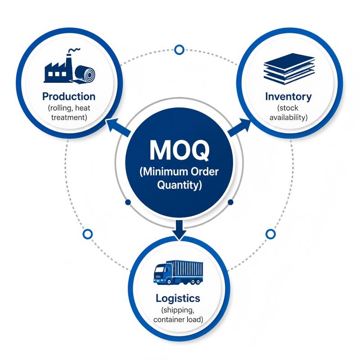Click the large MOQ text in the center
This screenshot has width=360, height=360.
click(179, 150)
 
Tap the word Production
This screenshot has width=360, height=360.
click(69, 96)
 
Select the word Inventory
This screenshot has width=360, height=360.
click(288, 97)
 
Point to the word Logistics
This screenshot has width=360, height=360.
click(178, 298)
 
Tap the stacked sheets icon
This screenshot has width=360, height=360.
click(289, 69)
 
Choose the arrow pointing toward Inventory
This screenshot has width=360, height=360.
click(239, 127)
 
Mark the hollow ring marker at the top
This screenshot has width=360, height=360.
click(179, 49)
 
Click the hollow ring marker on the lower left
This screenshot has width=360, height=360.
click(87, 234)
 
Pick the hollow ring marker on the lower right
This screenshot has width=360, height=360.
click(271, 234)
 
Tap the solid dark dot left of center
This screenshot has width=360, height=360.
click(128, 202)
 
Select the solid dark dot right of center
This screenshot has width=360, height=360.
click(231, 202)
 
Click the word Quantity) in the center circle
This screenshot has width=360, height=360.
click(179, 185)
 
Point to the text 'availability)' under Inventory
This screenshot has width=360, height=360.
click(288, 117)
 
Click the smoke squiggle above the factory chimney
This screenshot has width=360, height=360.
click(75, 50)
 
